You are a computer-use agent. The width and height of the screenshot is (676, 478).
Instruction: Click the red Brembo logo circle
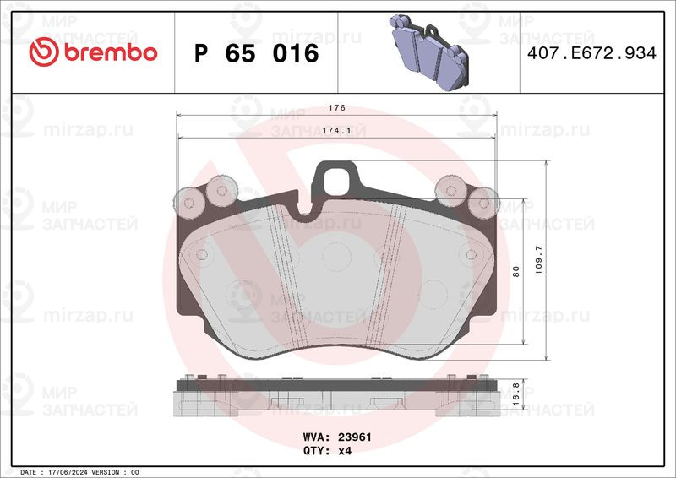44,52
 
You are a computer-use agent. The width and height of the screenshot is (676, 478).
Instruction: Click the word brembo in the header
111,52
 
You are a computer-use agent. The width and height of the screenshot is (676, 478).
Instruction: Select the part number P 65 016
257,53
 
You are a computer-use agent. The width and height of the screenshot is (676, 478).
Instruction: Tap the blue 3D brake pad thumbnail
428,52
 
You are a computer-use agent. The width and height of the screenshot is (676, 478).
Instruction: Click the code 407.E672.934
591,53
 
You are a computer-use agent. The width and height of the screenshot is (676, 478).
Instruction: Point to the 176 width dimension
336,108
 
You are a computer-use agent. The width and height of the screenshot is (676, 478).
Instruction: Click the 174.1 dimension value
336,131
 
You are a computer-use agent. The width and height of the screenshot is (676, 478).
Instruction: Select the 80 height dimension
516,271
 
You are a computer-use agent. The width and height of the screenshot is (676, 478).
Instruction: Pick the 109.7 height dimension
539,260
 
